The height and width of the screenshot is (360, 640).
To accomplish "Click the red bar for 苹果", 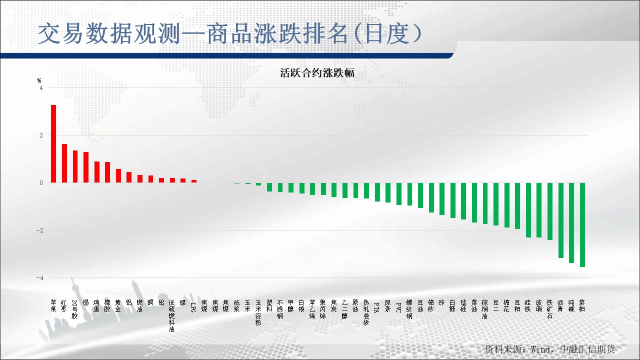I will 53,144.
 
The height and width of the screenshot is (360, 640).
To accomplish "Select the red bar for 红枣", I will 64,163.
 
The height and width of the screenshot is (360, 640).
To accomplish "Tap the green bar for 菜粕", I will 582,225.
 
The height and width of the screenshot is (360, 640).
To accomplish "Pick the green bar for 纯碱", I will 571,223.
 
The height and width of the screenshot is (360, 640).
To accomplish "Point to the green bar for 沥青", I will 561,220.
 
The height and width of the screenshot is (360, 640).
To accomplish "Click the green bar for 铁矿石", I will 550,211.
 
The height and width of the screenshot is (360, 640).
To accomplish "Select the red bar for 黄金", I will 118,176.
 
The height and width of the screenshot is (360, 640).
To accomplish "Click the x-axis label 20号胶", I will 75,309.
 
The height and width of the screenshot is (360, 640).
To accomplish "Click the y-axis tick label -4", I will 40,278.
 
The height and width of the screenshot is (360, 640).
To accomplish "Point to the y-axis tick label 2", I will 41,135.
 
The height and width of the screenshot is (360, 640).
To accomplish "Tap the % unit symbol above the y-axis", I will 39,80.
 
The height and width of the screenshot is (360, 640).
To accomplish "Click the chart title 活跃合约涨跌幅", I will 317,73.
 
